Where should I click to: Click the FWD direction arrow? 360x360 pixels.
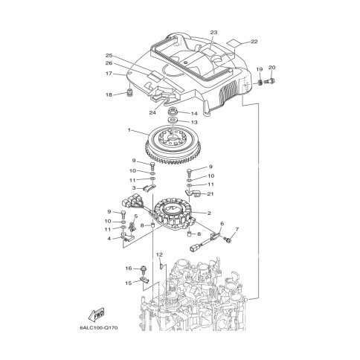97,315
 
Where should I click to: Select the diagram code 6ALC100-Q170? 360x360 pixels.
99,328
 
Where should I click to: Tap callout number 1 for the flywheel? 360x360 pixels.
129,130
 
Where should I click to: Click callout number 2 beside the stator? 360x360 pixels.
209,213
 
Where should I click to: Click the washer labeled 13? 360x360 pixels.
172,120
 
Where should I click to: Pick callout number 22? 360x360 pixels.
254,42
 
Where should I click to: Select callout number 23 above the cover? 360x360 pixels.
213,32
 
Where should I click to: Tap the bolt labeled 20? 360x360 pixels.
269,81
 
